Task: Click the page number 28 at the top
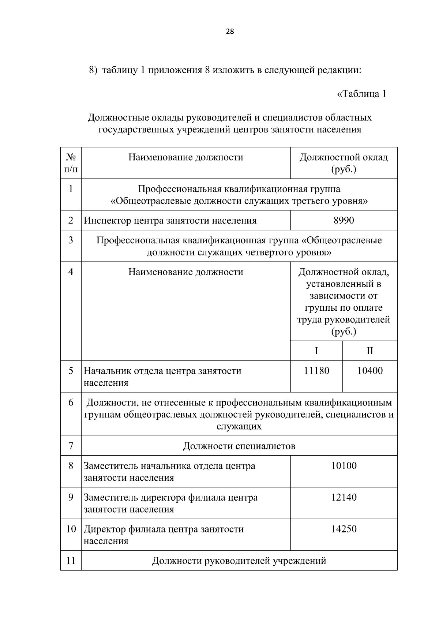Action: tap(230, 31)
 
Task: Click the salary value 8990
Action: tap(344, 220)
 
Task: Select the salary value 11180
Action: tap(316, 371)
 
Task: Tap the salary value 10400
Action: tap(370, 371)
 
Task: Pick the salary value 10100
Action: tap(344, 466)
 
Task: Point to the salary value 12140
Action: tap(344, 497)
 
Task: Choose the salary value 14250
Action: tap(344, 529)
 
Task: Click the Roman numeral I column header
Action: tap(316, 351)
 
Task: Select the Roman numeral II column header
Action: tap(370, 351)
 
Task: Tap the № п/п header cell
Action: tap(71, 163)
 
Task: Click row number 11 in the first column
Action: tap(71, 561)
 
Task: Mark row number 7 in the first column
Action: tap(71, 446)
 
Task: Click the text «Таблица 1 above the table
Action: tap(361, 94)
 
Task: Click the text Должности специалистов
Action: tap(239, 446)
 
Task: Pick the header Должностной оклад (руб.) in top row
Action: tap(344, 163)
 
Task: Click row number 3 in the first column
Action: tap(71, 240)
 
